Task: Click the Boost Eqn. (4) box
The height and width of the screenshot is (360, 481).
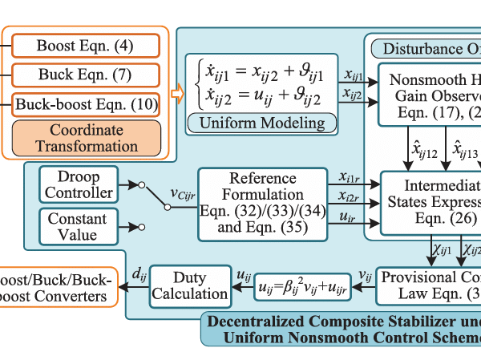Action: [x=85, y=46]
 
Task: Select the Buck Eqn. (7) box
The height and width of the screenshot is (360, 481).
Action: [x=85, y=75]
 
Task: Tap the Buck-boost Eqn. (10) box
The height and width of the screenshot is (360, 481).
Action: [x=85, y=104]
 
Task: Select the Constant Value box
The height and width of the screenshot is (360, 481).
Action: [x=78, y=226]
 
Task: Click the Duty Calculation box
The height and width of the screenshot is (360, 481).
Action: [x=189, y=285]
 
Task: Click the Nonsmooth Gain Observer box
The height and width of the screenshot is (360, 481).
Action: [x=429, y=92]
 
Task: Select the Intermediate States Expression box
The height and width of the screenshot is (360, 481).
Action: [x=430, y=200]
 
